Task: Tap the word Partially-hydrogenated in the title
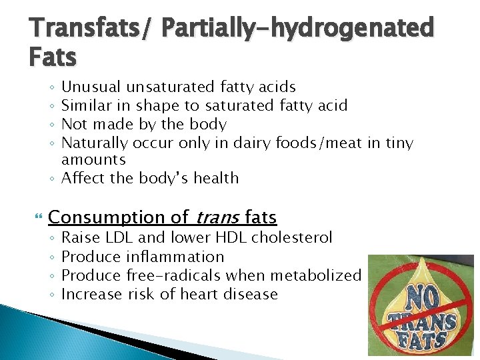click(297, 29)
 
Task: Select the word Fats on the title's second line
click(53, 58)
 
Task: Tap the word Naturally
click(94, 143)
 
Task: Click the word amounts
click(93, 160)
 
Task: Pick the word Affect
click(83, 178)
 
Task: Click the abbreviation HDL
click(231, 238)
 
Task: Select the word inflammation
click(175, 257)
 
